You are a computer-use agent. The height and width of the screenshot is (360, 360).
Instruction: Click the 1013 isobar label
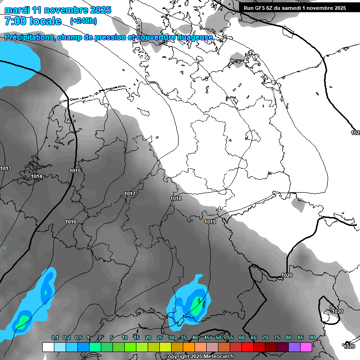6,168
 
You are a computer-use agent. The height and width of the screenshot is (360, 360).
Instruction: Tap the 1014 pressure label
37,176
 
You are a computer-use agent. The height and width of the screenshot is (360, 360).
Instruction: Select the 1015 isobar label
75,171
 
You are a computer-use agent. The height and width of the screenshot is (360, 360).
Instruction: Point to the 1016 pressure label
71,222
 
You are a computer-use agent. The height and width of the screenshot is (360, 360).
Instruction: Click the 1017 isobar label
130,194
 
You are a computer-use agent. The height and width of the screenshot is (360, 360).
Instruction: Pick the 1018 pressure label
176,198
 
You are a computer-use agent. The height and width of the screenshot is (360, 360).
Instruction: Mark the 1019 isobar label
210,222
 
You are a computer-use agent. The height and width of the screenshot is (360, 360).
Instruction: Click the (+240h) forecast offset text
83,21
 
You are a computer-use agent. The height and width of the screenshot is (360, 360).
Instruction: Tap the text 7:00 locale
33,21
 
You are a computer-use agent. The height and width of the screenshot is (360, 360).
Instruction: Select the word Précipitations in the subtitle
29,37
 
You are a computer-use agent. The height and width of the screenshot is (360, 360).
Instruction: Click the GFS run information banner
294,8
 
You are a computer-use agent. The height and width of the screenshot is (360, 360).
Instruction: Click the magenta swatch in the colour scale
306,347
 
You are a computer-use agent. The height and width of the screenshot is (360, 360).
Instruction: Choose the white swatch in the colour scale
48,347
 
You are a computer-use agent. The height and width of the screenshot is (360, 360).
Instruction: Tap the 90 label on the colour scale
312,337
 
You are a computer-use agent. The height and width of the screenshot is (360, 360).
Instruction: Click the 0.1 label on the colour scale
55,337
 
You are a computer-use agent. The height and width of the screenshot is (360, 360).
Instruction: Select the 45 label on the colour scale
207,337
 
